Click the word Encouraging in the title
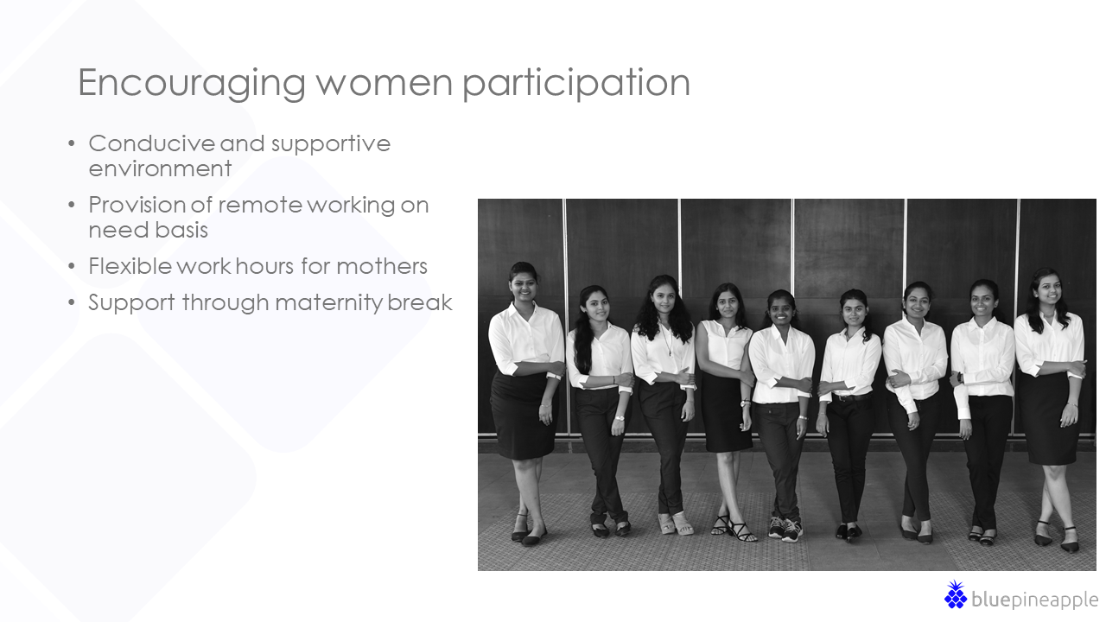192,84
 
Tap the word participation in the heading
575,84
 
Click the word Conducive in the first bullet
151,143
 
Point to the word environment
160,168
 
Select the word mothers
382,266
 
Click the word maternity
328,303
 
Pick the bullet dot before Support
72,302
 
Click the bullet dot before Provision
72,205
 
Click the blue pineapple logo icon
956,594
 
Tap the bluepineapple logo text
1034,600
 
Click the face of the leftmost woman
524,285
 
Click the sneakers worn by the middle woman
785,530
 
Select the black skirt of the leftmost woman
521,416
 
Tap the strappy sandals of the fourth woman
733,528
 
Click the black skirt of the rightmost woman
1049,419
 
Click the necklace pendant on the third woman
670,353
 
